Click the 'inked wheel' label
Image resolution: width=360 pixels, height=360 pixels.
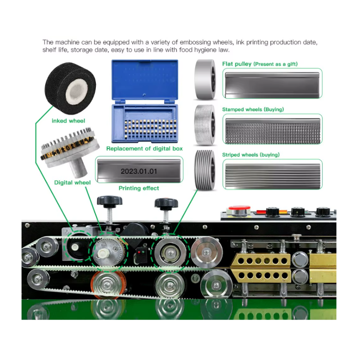coord(68,121)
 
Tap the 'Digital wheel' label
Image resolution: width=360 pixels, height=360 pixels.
coord(72,183)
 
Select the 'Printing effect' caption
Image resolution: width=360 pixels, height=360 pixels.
coord(139,188)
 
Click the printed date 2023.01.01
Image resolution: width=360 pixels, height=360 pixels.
coord(139,171)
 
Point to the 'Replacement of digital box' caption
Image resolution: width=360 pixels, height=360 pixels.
coord(144,148)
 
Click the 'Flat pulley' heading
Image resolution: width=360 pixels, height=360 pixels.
coord(237,64)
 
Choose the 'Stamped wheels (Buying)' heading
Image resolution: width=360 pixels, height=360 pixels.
coord(253,109)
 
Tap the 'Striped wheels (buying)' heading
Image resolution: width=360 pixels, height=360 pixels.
coord(251,155)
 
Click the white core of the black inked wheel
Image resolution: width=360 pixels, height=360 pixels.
coord(76,91)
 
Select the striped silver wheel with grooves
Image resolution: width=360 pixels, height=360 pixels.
coord(205,170)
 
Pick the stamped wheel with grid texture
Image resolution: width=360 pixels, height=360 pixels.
coord(205,125)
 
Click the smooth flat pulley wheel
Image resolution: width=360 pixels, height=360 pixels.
coord(205,79)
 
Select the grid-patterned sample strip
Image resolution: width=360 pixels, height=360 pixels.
coord(273,131)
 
